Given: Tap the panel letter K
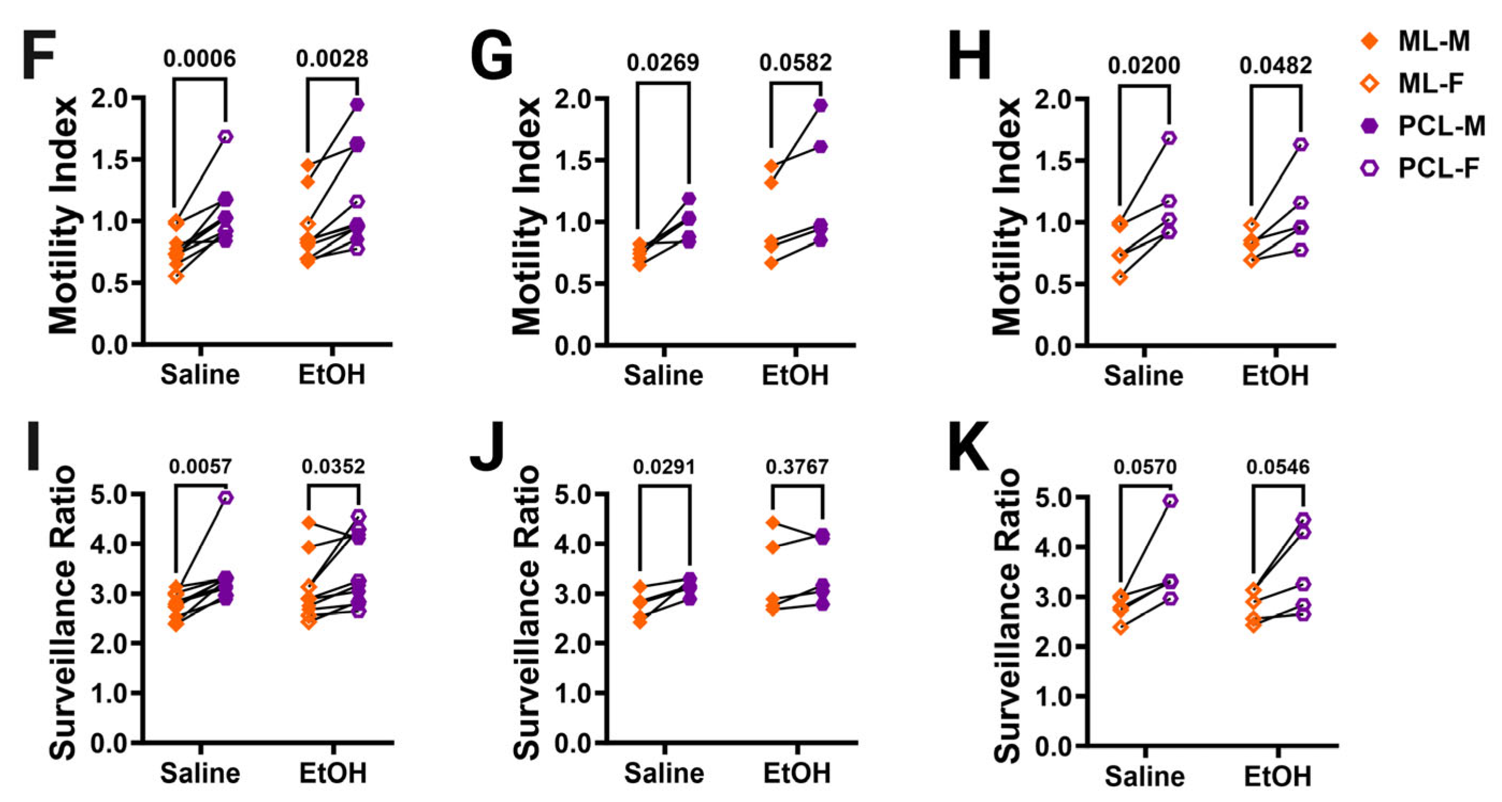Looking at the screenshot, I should tap(968, 446).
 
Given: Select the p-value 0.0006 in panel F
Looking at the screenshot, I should tap(199, 59).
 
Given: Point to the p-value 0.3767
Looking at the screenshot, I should tap(797, 467).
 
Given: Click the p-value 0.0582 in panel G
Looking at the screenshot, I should tap(796, 62).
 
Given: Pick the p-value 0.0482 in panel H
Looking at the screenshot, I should tap(1276, 66).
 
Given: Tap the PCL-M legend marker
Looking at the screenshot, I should tap(1369, 126).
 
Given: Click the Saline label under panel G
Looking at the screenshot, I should tap(663, 375).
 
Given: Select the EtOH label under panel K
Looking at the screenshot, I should tap(1278, 776).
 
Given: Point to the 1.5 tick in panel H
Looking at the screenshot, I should tap(1055, 161).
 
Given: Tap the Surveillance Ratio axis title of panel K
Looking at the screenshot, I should tap(1008, 616).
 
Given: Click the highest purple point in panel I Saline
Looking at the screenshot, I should tap(226, 497).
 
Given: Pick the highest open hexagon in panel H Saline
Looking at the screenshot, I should tap(1169, 138).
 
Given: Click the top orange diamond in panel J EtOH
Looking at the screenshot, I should tap(772, 523).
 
